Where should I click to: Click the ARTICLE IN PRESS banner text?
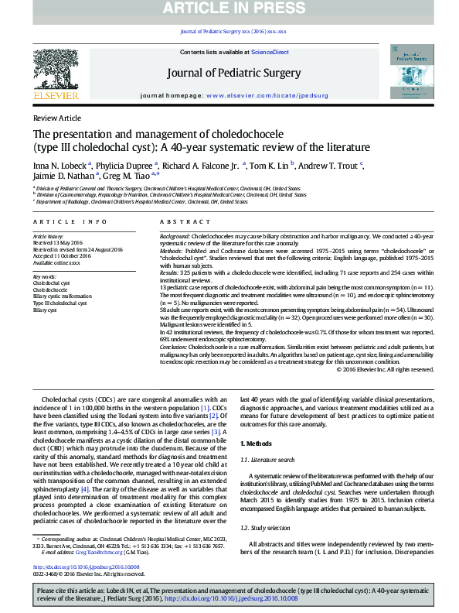point(229,9)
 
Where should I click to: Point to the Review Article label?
point(56,118)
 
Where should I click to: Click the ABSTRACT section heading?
point(175,221)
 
